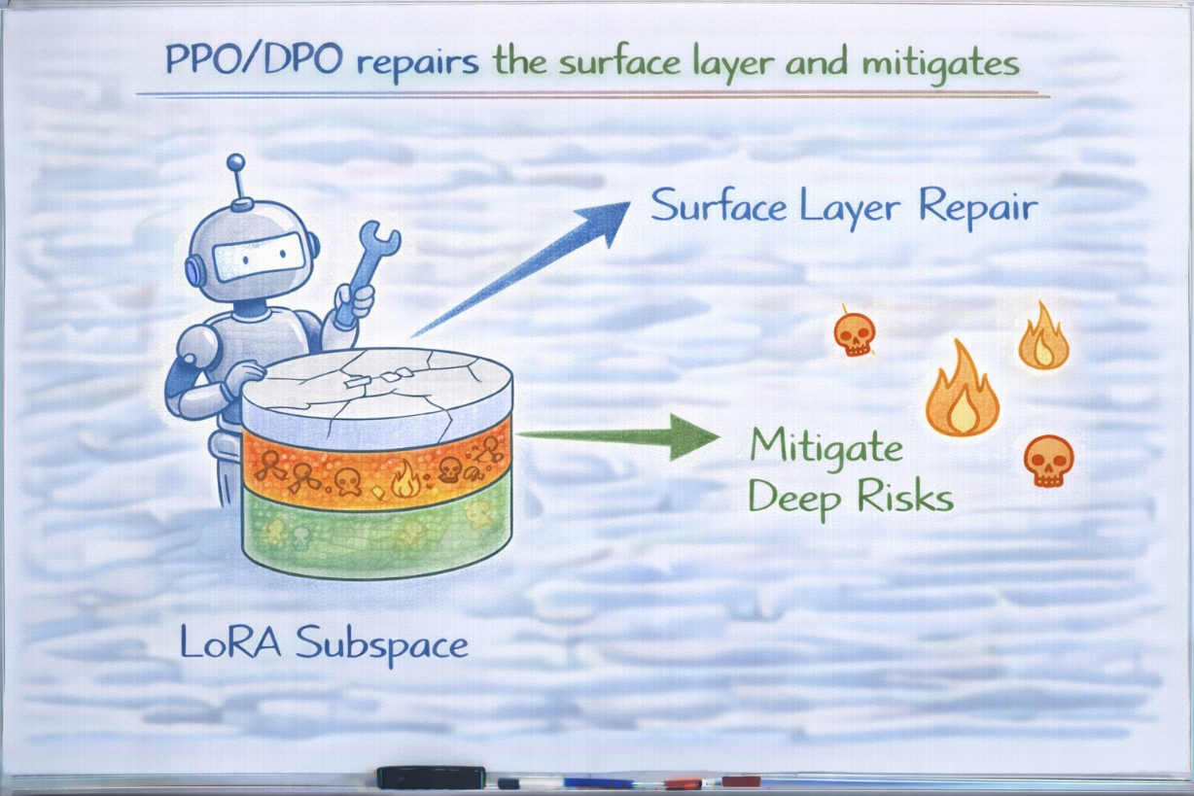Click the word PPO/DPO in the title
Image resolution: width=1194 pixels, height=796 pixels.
(x=254, y=59)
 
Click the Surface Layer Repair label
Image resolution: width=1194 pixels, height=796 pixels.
(x=844, y=207)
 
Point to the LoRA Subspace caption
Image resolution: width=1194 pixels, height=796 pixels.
(x=324, y=644)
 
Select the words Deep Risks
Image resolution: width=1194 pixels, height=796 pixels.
(x=851, y=499)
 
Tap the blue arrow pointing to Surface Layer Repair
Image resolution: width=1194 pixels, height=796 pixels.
(x=521, y=269)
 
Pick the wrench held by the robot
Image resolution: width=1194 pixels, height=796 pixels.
(x=367, y=274)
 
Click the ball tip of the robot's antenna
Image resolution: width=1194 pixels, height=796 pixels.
(x=235, y=162)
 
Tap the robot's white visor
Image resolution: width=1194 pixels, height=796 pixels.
(x=259, y=258)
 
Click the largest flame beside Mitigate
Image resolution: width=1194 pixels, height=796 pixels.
(x=963, y=389)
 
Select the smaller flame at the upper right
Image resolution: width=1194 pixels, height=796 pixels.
(x=1043, y=335)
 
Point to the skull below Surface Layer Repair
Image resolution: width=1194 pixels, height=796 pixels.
(x=855, y=333)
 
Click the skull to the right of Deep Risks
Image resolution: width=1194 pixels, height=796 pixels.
(x=1048, y=461)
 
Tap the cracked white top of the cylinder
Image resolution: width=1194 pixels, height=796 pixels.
(x=377, y=384)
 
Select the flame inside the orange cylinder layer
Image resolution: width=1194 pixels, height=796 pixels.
(x=405, y=479)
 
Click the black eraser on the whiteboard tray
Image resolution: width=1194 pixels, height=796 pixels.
(x=432, y=778)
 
